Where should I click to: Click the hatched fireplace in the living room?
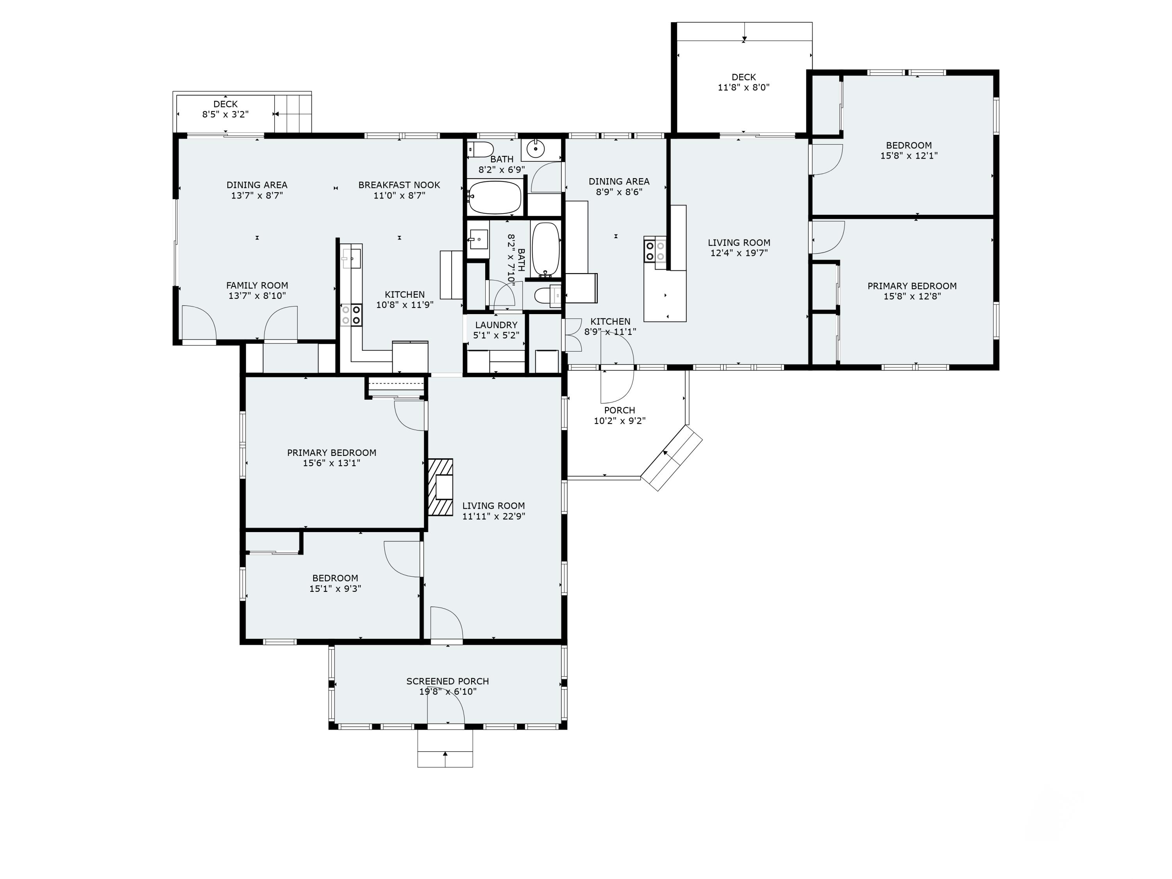[x=440, y=487]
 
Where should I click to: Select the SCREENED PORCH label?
[x=448, y=681]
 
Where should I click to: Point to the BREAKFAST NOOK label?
[x=399, y=185]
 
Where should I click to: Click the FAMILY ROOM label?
[x=257, y=286]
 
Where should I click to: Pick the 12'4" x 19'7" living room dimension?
[x=739, y=253]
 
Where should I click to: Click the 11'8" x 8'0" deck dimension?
[x=743, y=88]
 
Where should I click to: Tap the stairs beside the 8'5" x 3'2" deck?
[x=293, y=113]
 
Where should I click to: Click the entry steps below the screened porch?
[x=445, y=748]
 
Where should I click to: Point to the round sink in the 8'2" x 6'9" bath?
[x=536, y=149]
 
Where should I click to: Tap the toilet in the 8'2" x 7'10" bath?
[x=547, y=295]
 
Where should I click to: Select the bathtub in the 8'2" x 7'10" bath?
[x=546, y=250]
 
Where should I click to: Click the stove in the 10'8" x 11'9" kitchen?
[x=351, y=315]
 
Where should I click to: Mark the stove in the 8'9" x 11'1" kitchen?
[x=655, y=251]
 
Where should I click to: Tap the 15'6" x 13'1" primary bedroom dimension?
[x=332, y=463]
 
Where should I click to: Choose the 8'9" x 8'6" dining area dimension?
[x=619, y=192]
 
